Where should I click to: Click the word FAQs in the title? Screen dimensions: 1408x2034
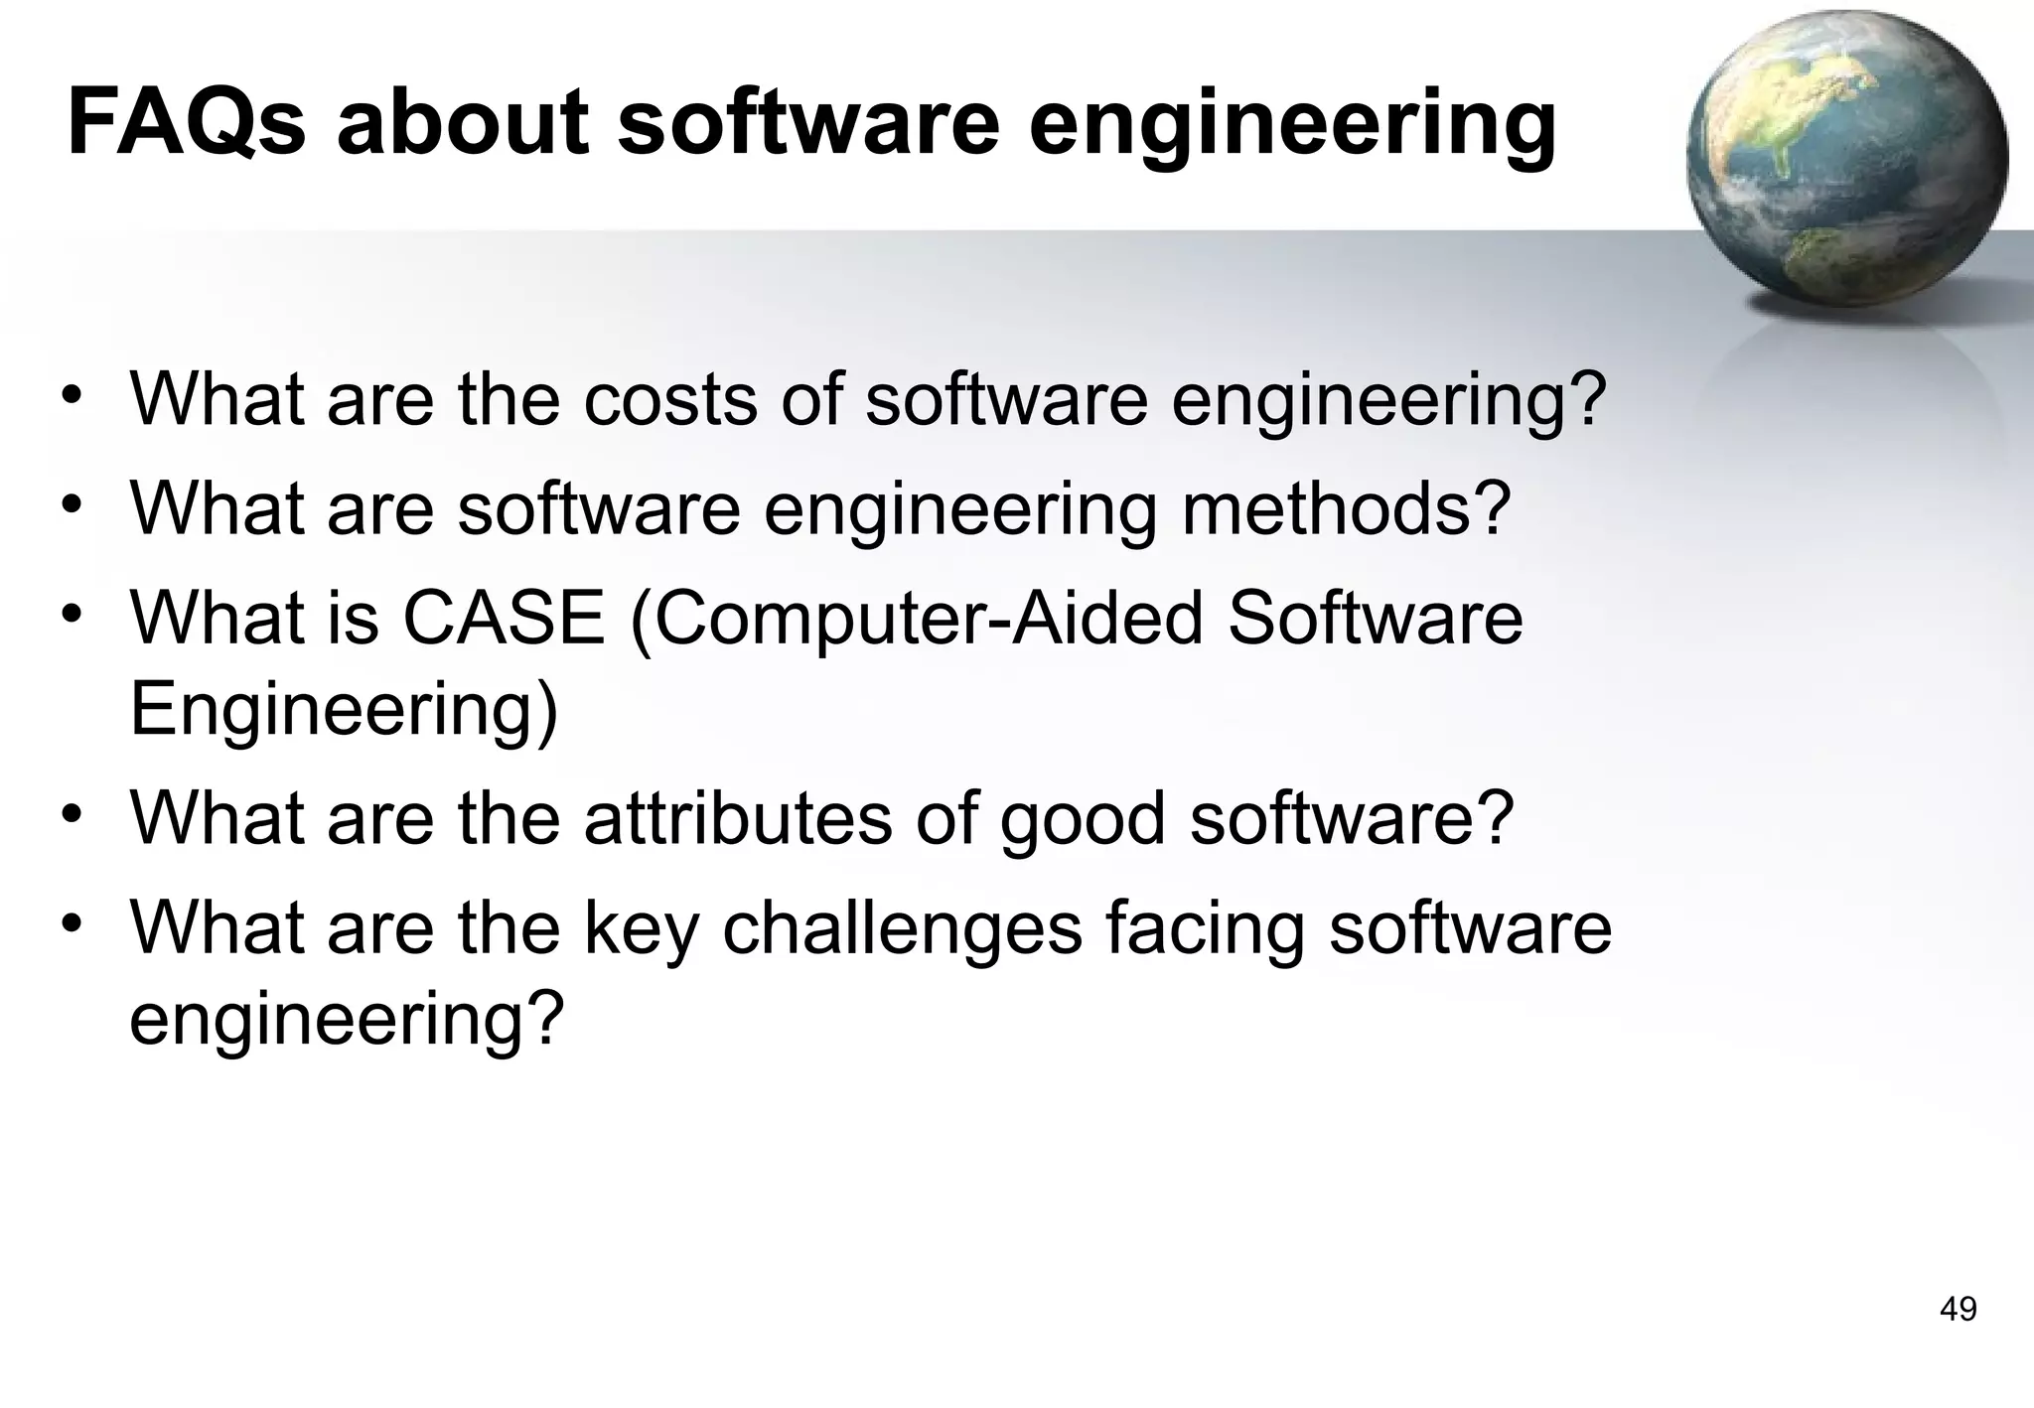[186, 123]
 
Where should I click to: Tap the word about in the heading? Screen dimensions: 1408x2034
[464, 123]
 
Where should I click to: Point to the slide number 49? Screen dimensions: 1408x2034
[1958, 1310]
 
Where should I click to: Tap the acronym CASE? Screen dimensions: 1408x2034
[504, 617]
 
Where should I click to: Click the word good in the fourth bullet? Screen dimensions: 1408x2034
[1082, 820]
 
